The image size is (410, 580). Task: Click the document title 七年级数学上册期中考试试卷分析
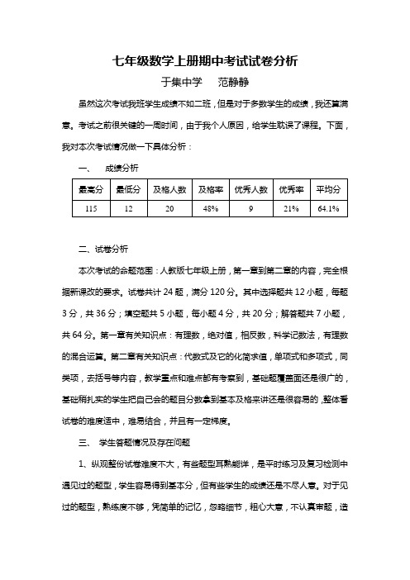204,61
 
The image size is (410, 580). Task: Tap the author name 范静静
234,83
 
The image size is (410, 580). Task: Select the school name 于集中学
182,83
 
